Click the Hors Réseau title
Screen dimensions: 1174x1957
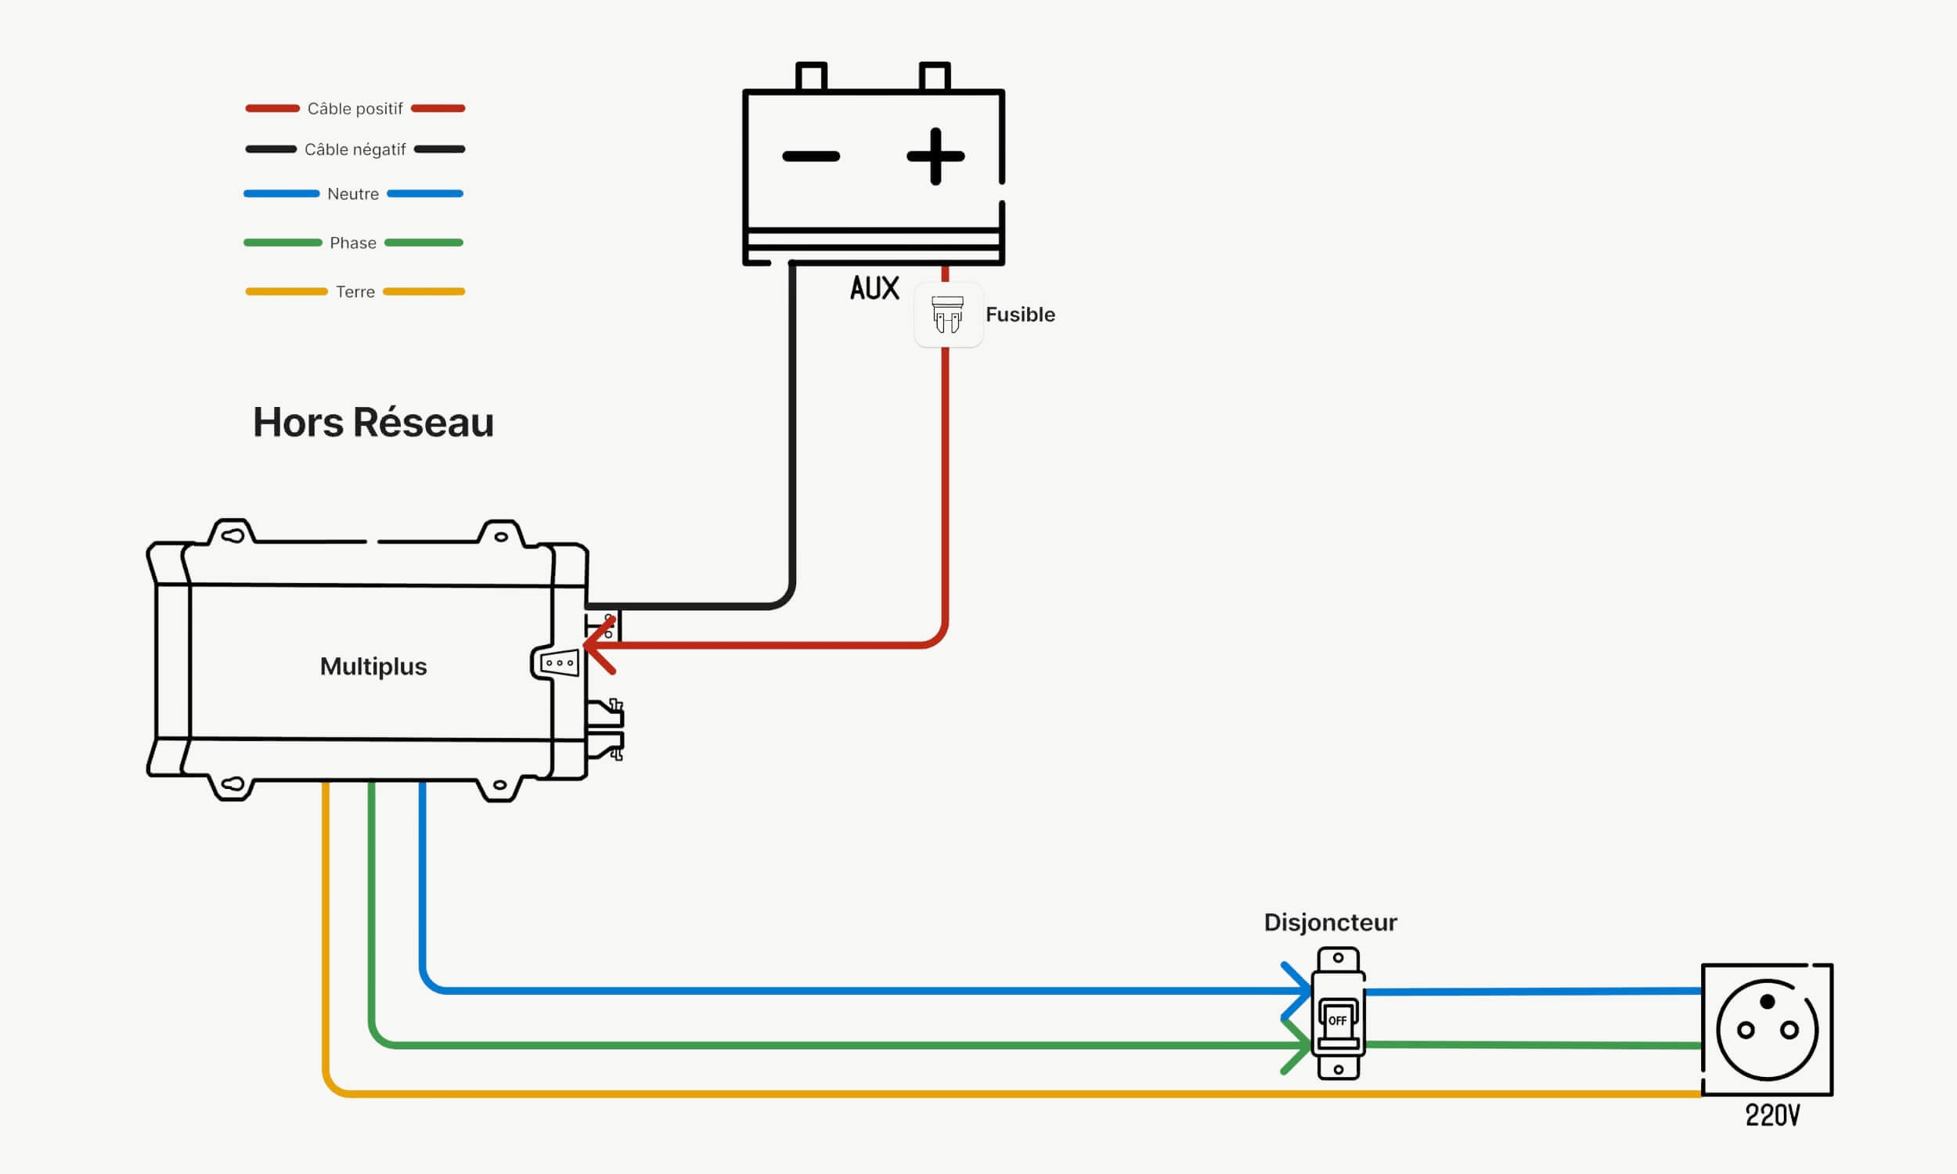click(x=373, y=423)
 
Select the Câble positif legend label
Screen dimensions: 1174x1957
click(x=355, y=108)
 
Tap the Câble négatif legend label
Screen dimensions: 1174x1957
click(x=355, y=149)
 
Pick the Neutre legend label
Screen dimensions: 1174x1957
click(x=353, y=194)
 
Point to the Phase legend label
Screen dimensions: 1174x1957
click(x=353, y=243)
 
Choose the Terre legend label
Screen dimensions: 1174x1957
click(x=355, y=292)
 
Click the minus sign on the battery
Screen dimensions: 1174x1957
click(x=811, y=157)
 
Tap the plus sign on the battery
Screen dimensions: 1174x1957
click(x=935, y=157)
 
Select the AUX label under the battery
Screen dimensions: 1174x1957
click(x=875, y=288)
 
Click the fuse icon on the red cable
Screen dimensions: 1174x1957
click(x=948, y=314)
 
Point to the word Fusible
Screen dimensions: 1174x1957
click(x=1020, y=315)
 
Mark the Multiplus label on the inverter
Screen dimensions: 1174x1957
click(x=373, y=667)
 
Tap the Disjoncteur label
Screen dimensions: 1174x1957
click(x=1331, y=923)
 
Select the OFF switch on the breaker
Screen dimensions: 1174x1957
click(x=1338, y=1021)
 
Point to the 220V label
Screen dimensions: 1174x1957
click(x=1773, y=1115)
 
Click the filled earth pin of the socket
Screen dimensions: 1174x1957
click(x=1767, y=1003)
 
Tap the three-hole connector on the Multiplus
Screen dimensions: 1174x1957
click(x=559, y=663)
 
